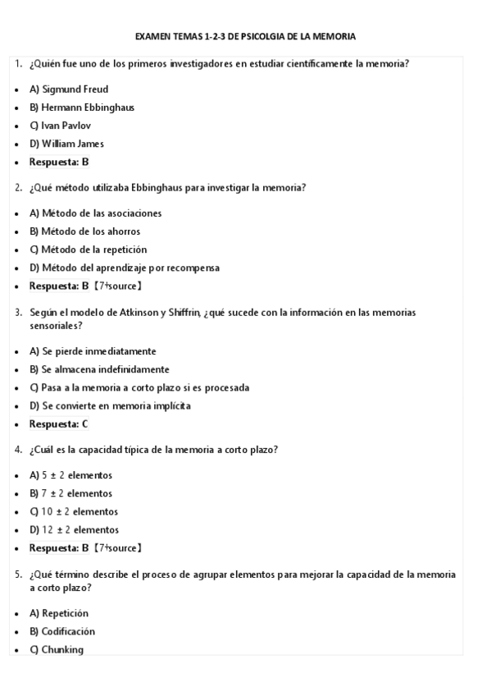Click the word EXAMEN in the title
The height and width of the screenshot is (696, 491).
click(152, 36)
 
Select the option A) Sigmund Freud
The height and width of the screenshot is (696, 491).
click(69, 89)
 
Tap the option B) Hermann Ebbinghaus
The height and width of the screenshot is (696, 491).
click(82, 108)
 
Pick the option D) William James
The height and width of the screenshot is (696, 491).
click(66, 144)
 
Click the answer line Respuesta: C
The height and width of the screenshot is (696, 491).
click(58, 424)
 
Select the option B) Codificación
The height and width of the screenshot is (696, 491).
click(62, 631)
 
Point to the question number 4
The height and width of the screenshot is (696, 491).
click(18, 450)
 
